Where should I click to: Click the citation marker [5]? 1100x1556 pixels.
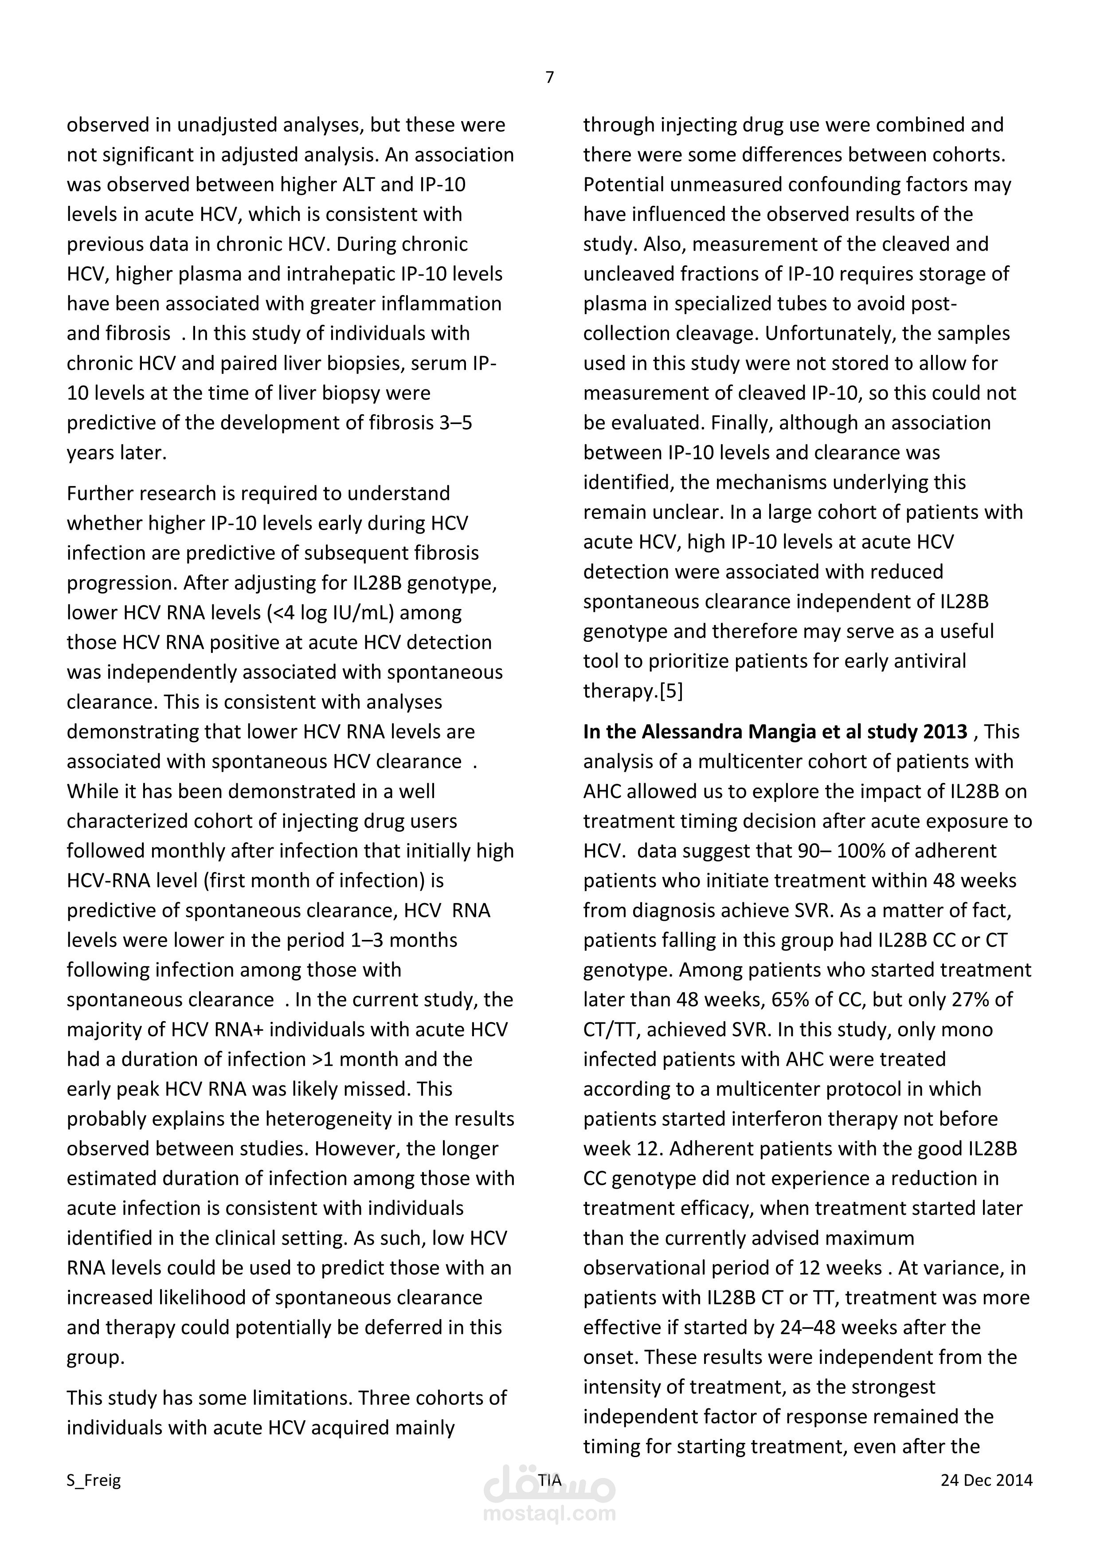click(x=671, y=691)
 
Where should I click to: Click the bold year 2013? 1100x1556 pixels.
click(x=945, y=732)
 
